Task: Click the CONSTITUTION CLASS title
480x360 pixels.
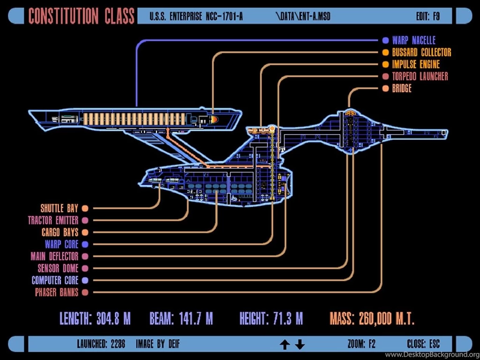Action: click(x=82, y=15)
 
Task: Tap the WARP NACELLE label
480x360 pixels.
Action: click(x=413, y=40)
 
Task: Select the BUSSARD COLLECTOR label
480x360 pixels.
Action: click(x=421, y=52)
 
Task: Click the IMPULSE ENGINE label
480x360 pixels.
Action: click(x=416, y=64)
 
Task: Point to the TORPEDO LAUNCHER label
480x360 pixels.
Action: click(x=420, y=76)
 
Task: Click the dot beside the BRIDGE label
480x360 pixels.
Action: click(x=385, y=89)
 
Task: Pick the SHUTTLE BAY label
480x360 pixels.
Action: click(x=59, y=208)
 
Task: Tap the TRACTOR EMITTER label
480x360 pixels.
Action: click(x=53, y=220)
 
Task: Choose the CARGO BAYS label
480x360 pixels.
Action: click(x=60, y=232)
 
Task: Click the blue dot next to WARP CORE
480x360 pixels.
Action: click(x=85, y=244)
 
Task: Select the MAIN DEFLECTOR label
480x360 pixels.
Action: click(x=54, y=256)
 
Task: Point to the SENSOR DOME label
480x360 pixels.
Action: click(x=58, y=269)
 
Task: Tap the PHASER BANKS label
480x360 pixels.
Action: click(x=56, y=292)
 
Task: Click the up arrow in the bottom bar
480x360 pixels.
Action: click(x=285, y=345)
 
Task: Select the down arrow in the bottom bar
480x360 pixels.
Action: click(x=300, y=345)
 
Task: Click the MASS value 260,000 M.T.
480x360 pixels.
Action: click(x=386, y=319)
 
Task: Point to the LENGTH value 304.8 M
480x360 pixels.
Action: click(x=113, y=319)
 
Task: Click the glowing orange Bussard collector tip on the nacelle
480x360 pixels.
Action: click(x=214, y=120)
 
